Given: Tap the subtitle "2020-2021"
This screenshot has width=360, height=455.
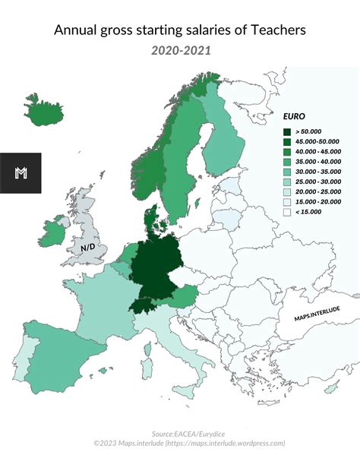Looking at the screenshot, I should click(181, 51).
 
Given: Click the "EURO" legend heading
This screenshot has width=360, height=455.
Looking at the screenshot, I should click(294, 118).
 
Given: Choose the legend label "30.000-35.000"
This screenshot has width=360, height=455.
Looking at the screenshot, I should click(319, 172).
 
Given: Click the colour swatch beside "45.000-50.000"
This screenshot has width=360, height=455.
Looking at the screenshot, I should click(289, 142).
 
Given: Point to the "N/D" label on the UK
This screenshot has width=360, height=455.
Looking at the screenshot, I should click(89, 248).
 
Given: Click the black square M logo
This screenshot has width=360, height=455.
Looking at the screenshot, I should click(21, 172).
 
